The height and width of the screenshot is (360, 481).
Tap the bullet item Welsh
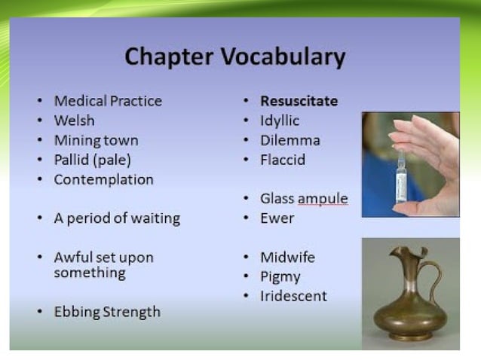point(74,121)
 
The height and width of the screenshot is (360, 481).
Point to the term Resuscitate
point(299,101)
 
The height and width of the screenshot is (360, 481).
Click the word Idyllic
point(280,121)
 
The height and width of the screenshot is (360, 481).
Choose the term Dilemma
point(290,140)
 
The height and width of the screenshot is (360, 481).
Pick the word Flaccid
point(283,160)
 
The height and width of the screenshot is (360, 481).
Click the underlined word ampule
point(323,199)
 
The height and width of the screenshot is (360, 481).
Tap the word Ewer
point(277,218)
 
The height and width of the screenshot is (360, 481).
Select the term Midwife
point(287,258)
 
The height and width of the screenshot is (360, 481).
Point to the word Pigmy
point(280,277)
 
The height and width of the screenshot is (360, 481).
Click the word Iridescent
point(293,297)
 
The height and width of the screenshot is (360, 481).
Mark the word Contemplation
point(103,179)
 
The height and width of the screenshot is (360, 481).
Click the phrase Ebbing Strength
point(106,312)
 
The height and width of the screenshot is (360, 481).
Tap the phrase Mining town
point(96,140)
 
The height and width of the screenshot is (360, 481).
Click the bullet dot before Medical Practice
point(40,102)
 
